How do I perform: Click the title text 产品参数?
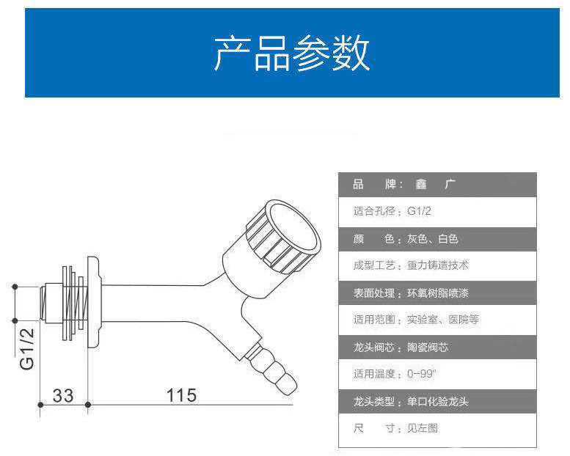click(x=291, y=53)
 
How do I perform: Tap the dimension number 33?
click(x=63, y=395)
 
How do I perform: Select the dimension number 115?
click(x=181, y=395)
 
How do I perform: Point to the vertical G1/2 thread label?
click(x=27, y=348)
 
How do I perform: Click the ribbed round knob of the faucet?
click(x=284, y=236)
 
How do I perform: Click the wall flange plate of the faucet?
click(x=93, y=302)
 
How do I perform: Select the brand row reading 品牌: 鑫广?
click(x=404, y=184)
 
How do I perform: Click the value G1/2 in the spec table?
click(x=419, y=211)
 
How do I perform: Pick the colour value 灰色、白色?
click(x=432, y=239)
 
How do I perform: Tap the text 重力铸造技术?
click(x=438, y=265)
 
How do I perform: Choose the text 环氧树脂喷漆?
click(x=438, y=293)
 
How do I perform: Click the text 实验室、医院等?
click(x=443, y=320)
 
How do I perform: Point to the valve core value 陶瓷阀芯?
click(x=428, y=347)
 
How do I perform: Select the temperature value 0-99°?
click(x=421, y=374)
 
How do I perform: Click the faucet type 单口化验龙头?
click(x=438, y=402)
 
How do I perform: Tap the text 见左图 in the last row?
click(x=423, y=428)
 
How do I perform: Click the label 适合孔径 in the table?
click(x=374, y=211)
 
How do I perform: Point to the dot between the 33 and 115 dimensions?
click(x=87, y=405)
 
